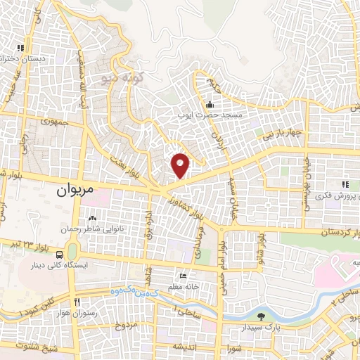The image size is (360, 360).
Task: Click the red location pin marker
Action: [181, 164]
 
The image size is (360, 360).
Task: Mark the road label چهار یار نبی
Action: [278, 132]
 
